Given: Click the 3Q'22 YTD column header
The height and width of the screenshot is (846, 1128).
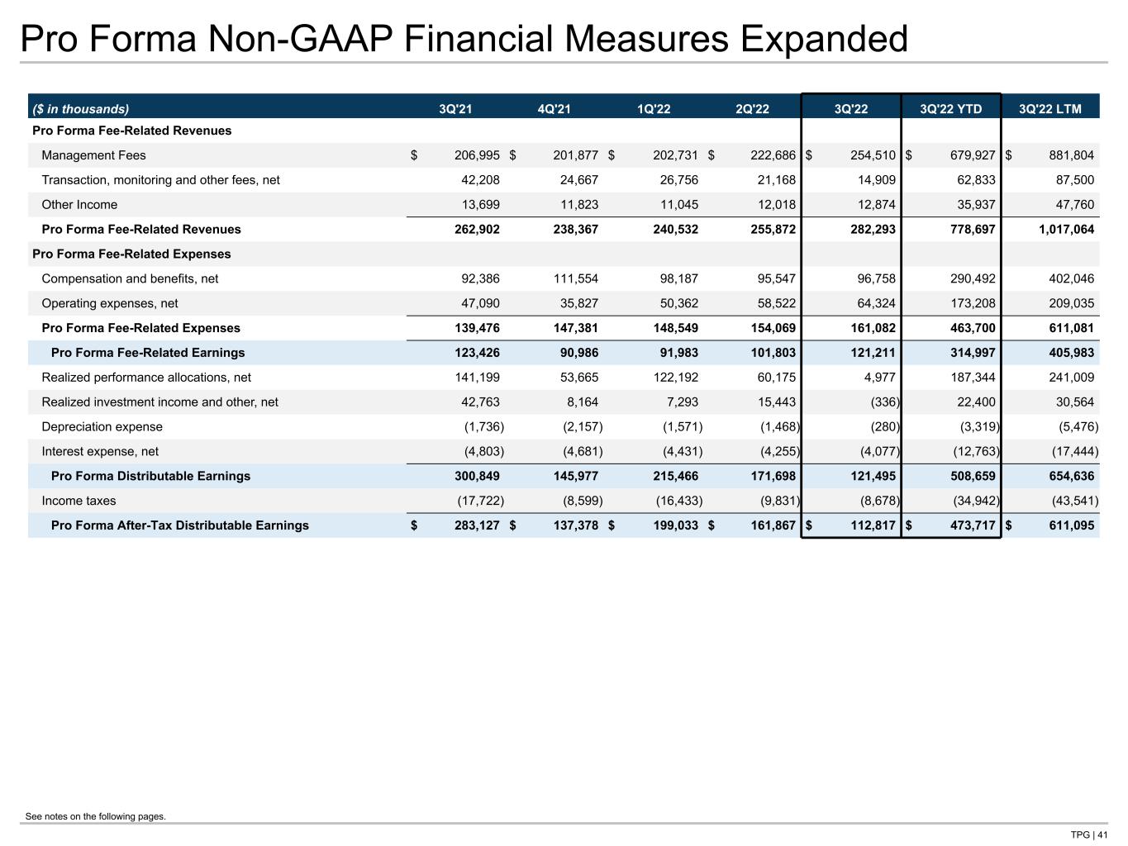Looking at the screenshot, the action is tap(950, 109).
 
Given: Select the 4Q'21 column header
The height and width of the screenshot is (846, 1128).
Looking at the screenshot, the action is tap(554, 109).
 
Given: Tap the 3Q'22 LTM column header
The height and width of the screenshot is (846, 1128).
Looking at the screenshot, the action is tap(1049, 109).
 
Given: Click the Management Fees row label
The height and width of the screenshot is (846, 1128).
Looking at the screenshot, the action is tap(93, 155).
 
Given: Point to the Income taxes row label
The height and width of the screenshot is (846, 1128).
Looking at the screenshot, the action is tap(79, 501).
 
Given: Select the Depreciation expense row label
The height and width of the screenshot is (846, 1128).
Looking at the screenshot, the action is tap(102, 426).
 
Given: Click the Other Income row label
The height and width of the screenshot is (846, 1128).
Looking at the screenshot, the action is tap(79, 204).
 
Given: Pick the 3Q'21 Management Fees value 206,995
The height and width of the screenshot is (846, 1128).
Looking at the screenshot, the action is tap(476, 155).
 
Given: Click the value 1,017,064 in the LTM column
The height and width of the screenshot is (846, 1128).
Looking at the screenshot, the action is tap(1066, 229).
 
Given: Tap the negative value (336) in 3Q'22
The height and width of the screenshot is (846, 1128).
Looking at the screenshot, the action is tap(885, 402).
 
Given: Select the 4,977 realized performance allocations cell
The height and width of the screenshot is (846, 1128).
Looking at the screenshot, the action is tap(880, 377).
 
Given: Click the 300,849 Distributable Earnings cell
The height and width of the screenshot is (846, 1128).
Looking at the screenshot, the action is tap(476, 476).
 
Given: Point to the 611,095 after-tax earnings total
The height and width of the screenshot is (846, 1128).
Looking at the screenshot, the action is tap(1072, 525).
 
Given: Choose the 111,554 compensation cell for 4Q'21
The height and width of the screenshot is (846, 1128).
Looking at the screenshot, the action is tap(575, 278).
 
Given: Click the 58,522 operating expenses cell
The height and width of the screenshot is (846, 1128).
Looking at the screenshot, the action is tap(777, 303).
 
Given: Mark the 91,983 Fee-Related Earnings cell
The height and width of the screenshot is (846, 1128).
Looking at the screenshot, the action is tap(678, 353).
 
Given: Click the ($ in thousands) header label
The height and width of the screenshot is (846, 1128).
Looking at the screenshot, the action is tap(81, 109).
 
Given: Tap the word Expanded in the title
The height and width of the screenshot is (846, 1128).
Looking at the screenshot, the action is tap(824, 39).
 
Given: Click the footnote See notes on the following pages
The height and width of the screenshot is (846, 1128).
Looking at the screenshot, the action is tap(96, 816).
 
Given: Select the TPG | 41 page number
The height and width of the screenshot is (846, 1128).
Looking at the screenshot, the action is tap(1089, 834).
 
